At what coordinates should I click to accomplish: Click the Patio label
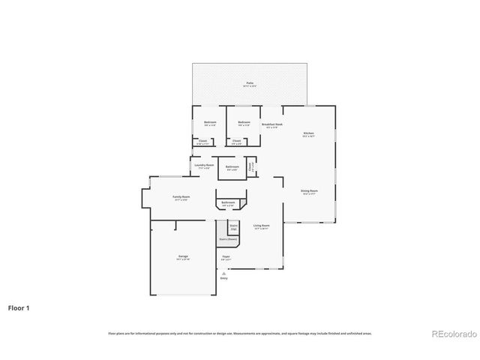tap(250, 83)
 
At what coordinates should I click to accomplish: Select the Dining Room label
tap(310, 191)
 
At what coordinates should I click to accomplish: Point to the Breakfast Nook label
tap(271, 124)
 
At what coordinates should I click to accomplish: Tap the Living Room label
tap(262, 225)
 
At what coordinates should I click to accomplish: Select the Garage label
tap(183, 256)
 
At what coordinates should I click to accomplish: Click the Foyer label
tap(225, 256)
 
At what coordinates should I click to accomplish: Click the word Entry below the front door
tap(223, 278)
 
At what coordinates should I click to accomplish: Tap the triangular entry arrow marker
tap(223, 273)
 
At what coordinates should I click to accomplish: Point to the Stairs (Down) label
tap(228, 240)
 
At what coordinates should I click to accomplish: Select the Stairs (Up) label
tap(233, 226)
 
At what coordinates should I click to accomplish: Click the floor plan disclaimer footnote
tap(240, 333)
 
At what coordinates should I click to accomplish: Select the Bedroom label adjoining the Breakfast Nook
tap(244, 122)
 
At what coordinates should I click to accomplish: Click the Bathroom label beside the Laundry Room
tap(232, 167)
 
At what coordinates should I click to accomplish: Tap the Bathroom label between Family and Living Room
tap(228, 202)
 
